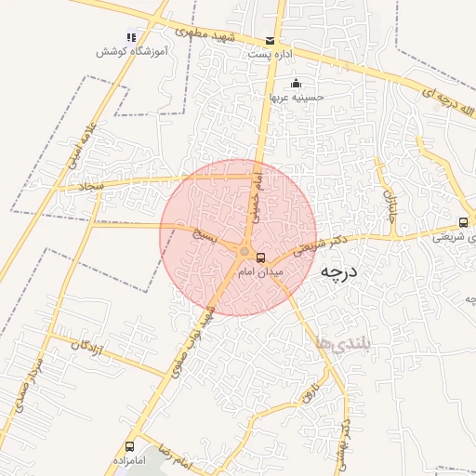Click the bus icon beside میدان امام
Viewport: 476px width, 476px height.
[x=260, y=256]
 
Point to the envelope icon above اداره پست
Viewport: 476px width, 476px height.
[x=271, y=41]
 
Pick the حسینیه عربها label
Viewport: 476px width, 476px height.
[x=297, y=96]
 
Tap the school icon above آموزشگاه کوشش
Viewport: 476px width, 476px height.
[x=130, y=38]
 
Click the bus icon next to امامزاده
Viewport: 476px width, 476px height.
[x=129, y=446]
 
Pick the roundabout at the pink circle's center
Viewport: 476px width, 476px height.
[x=245, y=251]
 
